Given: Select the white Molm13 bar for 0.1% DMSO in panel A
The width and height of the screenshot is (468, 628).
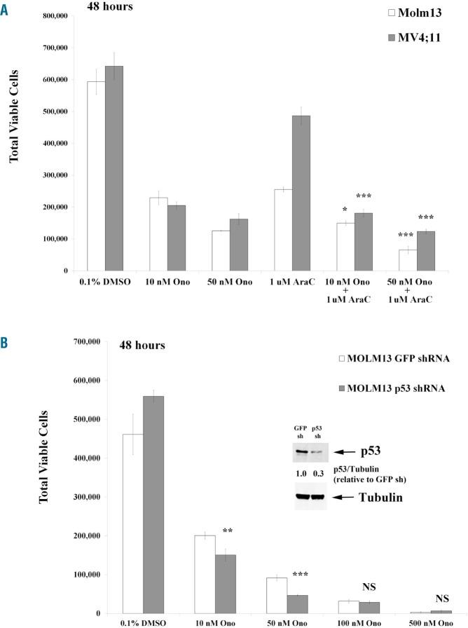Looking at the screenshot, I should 96,175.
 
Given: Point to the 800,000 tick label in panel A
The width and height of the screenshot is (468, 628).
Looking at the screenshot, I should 59,15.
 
